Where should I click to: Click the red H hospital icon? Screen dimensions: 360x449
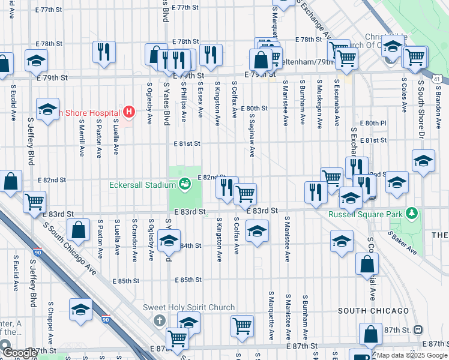[127, 111]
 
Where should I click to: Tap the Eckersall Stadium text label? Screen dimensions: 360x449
[142, 185]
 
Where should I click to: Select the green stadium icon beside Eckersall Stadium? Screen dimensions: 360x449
[185, 182]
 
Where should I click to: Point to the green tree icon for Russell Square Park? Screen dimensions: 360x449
[412, 213]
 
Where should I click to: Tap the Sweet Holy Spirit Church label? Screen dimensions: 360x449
[188, 308]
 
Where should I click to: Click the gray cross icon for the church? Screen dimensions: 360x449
[159, 320]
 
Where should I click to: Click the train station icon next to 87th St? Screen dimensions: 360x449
[418, 329]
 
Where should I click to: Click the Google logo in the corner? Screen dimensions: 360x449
[20, 353]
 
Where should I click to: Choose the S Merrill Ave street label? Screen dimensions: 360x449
[81, 137]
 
